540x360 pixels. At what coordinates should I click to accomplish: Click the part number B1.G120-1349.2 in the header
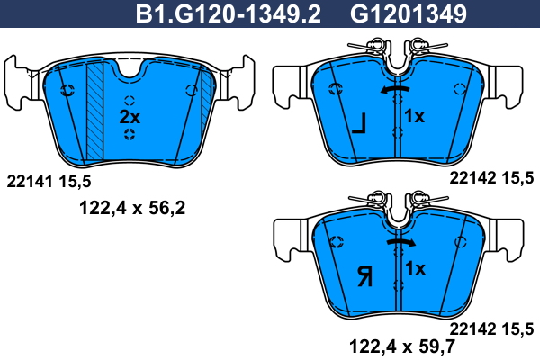(x=229, y=13)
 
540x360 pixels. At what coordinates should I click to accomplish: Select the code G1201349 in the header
(x=408, y=13)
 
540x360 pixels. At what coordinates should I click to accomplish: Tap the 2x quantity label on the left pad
(x=130, y=117)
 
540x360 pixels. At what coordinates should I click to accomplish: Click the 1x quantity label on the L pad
(x=414, y=116)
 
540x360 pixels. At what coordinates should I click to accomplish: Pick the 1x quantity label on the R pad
(x=415, y=268)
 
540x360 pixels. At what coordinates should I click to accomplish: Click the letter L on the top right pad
(x=359, y=124)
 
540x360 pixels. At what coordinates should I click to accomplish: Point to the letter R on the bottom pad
(x=364, y=277)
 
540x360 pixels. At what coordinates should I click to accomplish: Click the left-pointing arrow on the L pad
(x=395, y=89)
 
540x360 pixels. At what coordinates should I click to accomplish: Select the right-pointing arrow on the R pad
(x=401, y=242)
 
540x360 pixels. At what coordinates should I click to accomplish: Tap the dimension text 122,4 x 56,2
(x=132, y=208)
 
